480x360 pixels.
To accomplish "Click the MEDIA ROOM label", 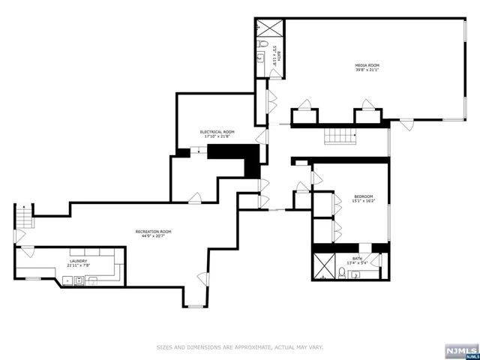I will pyautogui.click(x=367, y=65).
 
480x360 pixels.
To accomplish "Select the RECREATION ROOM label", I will pyautogui.click(x=153, y=231).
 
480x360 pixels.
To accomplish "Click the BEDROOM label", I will pyautogui.click(x=364, y=196).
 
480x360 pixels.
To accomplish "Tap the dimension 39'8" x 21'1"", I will pyautogui.click(x=367, y=70).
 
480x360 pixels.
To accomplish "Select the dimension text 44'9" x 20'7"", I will pyautogui.click(x=153, y=236).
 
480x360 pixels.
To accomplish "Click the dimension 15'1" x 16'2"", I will pyautogui.click(x=364, y=201).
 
